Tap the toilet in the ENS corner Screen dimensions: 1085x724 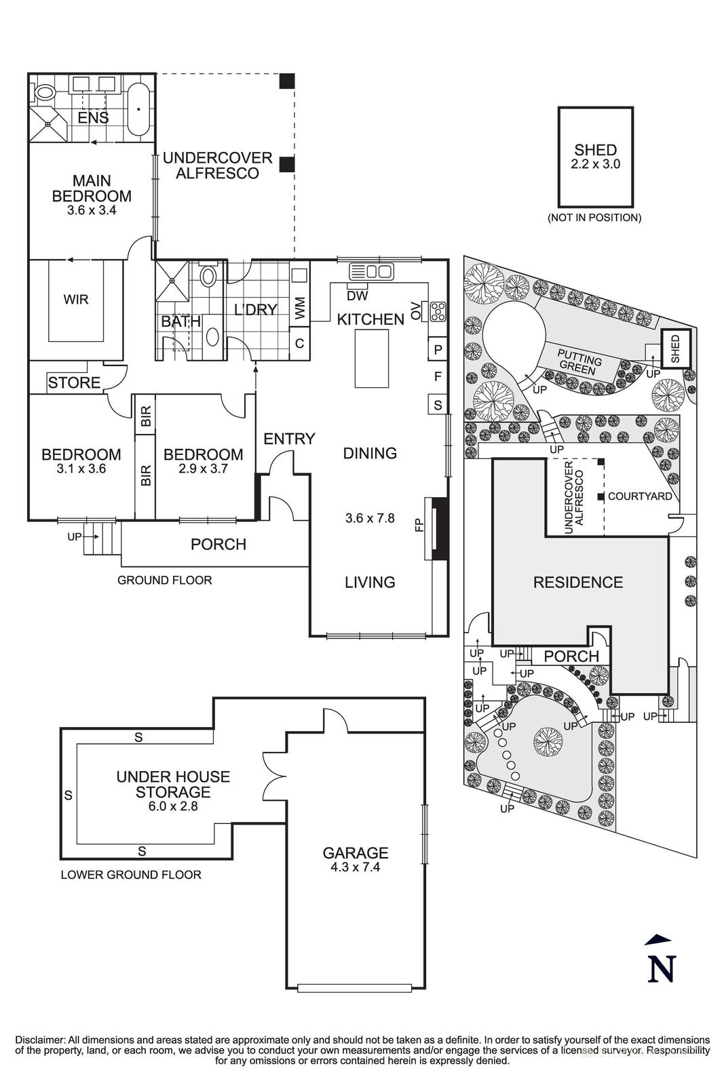coord(45,92)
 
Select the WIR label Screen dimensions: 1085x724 coord(75,299)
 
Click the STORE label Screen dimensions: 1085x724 coord(74,382)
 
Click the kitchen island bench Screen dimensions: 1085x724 coord(370,359)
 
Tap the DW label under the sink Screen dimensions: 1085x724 coord(357,296)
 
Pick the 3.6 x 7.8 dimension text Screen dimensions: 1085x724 coord(370,519)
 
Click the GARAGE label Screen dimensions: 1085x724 coord(355,853)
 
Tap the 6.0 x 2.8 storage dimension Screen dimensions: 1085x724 coord(173,806)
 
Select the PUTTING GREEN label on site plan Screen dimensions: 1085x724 coord(579,362)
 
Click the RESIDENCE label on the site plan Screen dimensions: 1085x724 coord(577,582)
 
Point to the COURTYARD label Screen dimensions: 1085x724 coord(639,496)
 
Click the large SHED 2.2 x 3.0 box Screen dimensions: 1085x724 coord(595,157)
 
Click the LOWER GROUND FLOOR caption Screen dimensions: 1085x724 coord(131,875)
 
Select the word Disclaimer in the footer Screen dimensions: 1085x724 coord(39,1040)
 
